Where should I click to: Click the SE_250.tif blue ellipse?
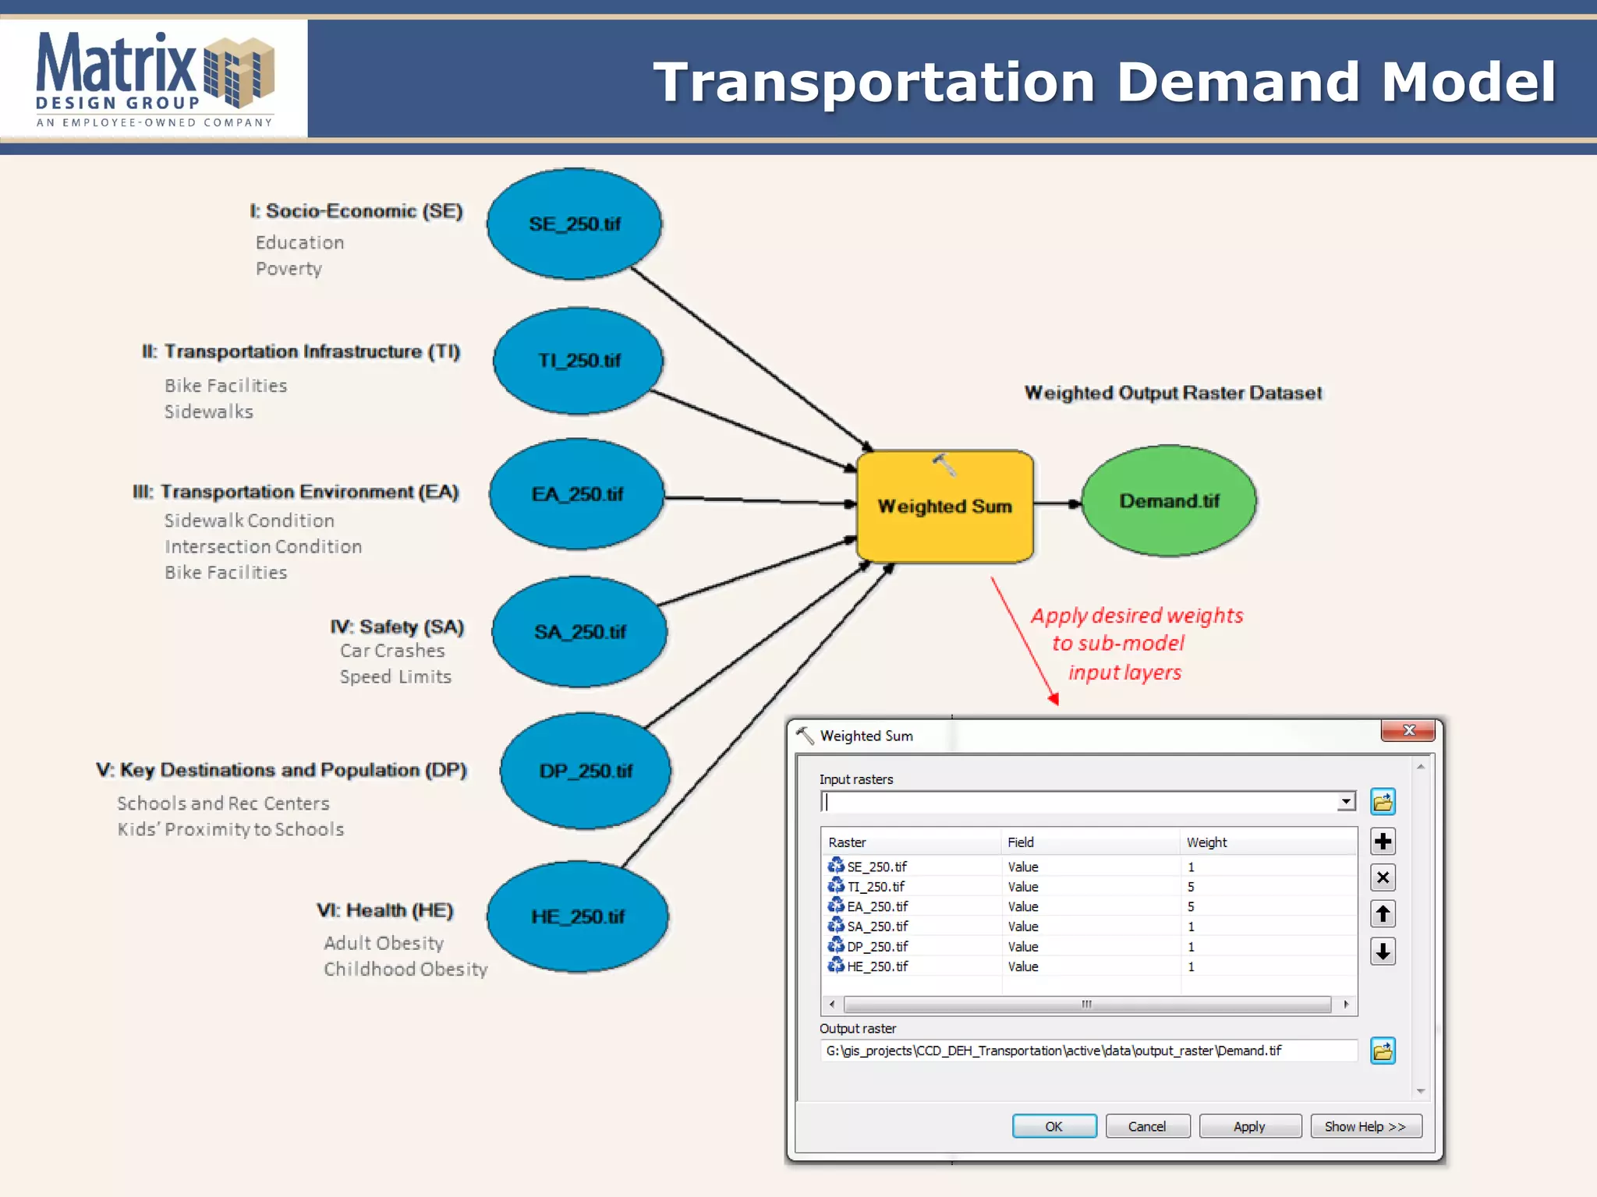(575, 224)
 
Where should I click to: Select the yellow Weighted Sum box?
(944, 507)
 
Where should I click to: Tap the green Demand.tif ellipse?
(1169, 501)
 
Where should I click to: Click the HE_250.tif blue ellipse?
(578, 916)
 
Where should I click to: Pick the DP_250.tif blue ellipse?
(586, 771)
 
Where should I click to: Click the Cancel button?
(1146, 1126)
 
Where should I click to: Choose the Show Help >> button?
(1365, 1126)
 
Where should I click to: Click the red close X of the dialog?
(1408, 730)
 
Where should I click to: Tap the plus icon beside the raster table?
(1383, 842)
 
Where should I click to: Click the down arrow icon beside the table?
(1383, 951)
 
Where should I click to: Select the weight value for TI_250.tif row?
(1191, 887)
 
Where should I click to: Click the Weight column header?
(1206, 842)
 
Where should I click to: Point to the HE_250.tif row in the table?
(877, 966)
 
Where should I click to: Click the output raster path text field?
(1088, 1050)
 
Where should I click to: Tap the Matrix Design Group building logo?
(239, 72)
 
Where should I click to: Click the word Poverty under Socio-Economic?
(289, 269)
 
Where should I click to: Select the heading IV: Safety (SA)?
(397, 627)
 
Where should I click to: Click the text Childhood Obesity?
(405, 969)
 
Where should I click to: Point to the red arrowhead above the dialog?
(1053, 699)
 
